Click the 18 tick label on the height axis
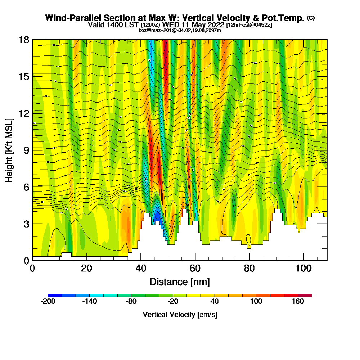(x=23, y=40)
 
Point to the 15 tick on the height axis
(x=23, y=77)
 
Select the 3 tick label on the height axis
(x=26, y=224)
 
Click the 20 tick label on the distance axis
(x=86, y=269)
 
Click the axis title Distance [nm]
(x=180, y=282)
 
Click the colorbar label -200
(x=48, y=302)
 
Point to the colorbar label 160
(x=298, y=302)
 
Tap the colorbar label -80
(x=131, y=302)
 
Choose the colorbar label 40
(x=215, y=302)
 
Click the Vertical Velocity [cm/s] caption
(x=180, y=315)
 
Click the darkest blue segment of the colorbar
(x=55, y=295)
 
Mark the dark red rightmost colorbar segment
(x=305, y=295)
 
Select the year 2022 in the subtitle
(x=215, y=25)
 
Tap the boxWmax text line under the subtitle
(x=180, y=30)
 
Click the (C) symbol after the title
(x=311, y=18)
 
